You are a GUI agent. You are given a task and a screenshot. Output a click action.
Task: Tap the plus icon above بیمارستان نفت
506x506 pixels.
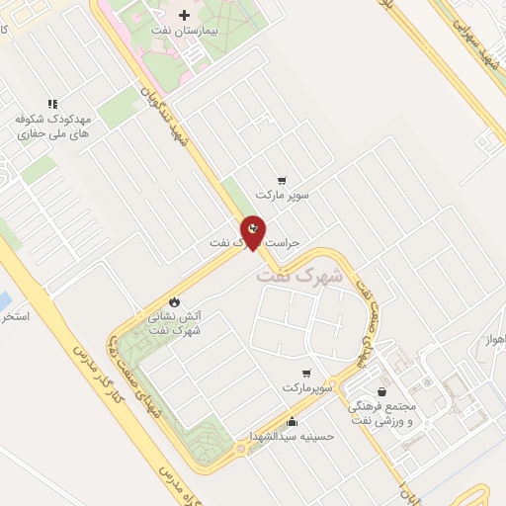[x=185, y=16]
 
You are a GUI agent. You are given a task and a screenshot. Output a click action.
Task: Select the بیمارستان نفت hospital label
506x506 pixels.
[x=185, y=32]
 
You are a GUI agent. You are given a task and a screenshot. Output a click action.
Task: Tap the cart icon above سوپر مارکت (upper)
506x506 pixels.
[x=283, y=180]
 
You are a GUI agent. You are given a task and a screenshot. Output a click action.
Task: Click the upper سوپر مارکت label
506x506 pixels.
[x=283, y=195]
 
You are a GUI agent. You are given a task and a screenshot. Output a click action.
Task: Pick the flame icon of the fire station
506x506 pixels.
[x=175, y=300]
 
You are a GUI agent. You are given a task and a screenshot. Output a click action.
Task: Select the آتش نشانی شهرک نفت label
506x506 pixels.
[x=175, y=323]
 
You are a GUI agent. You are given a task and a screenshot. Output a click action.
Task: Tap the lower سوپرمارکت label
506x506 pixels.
[x=307, y=388]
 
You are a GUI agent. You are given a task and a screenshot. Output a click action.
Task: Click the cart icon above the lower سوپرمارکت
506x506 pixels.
[x=307, y=373]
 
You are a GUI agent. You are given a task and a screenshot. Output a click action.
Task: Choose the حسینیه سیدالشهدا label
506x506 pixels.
[x=293, y=436]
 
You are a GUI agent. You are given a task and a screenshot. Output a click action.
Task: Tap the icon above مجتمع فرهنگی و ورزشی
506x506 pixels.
[x=381, y=391]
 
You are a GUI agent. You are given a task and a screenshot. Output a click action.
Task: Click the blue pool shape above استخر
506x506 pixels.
[x=4, y=297]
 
